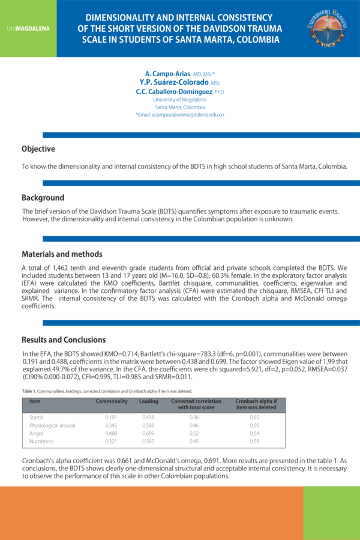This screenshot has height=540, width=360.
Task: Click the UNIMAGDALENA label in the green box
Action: [x=28, y=28]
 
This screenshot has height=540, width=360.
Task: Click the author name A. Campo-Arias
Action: [x=167, y=73]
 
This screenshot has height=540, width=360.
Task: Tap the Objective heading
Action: [x=38, y=149]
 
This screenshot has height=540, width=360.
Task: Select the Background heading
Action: [x=43, y=197]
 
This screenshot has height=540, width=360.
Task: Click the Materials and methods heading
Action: [x=62, y=254]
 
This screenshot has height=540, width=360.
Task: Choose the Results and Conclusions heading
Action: [x=64, y=340]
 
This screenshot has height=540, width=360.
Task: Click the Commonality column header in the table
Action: [x=112, y=401]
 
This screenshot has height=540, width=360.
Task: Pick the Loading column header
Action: [x=148, y=401]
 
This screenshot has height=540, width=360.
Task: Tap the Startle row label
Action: [x=37, y=416]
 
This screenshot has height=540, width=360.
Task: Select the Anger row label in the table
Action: [x=36, y=433]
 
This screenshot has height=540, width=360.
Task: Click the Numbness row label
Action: [x=41, y=442]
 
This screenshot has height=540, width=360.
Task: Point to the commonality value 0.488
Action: [x=111, y=433]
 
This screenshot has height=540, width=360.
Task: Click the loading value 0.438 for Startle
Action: [x=148, y=416]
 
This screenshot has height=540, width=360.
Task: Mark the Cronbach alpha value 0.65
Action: [x=255, y=416]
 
